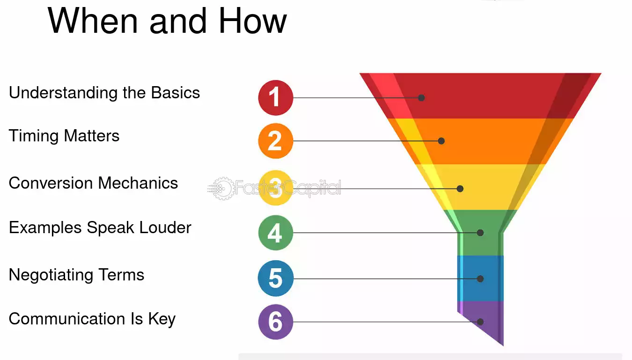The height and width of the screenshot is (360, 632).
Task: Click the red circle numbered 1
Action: [276, 98]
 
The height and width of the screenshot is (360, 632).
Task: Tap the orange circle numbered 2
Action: [276, 141]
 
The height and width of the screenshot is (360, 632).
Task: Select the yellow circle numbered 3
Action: [276, 188]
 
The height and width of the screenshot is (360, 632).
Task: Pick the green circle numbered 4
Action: [276, 233]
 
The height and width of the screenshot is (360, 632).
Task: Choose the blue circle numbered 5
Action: [276, 278]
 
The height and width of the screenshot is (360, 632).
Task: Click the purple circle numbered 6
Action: [276, 322]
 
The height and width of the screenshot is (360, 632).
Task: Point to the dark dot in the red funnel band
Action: [421, 98]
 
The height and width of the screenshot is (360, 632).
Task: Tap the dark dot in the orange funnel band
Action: [441, 141]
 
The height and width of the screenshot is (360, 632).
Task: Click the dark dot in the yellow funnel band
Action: [460, 189]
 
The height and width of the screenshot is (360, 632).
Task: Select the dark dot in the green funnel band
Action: [480, 233]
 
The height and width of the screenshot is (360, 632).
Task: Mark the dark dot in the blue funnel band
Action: [480, 279]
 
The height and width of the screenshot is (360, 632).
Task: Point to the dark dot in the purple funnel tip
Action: [480, 322]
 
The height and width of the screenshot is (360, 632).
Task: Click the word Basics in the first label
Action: [176, 93]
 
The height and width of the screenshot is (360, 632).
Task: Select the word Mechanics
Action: [138, 183]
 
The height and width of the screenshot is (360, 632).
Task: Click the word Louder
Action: [165, 228]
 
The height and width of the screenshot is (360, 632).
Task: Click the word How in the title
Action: [252, 21]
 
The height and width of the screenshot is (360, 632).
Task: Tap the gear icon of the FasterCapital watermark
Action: [223, 189]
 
